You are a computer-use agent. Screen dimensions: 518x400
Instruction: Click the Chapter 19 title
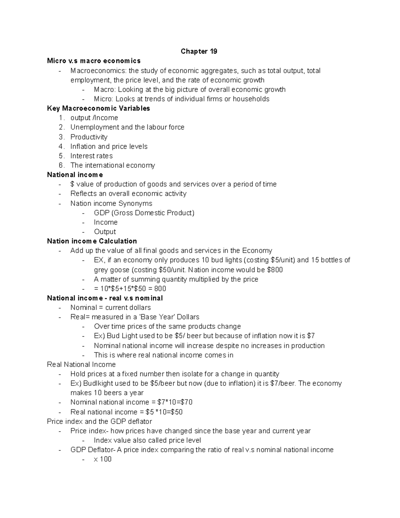[x=199, y=51]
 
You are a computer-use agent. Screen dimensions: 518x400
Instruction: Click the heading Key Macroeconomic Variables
[x=98, y=108]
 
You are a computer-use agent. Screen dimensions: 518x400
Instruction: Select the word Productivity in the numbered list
[x=89, y=137]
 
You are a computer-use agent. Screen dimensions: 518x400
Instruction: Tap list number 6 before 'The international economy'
[x=61, y=165]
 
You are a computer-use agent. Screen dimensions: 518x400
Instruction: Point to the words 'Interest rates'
[x=91, y=156]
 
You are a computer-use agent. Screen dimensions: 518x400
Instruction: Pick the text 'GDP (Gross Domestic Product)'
[x=144, y=213]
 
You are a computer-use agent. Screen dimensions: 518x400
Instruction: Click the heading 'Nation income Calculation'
[x=92, y=241]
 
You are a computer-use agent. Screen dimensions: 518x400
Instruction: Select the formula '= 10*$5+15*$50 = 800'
[x=130, y=289]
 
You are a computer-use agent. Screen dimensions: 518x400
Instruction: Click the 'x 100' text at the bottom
[x=103, y=459]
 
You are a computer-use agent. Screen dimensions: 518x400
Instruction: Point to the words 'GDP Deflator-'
[x=93, y=450]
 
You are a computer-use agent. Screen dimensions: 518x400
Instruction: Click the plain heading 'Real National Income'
[x=81, y=365]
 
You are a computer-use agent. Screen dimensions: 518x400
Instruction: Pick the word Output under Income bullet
[x=105, y=232]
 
